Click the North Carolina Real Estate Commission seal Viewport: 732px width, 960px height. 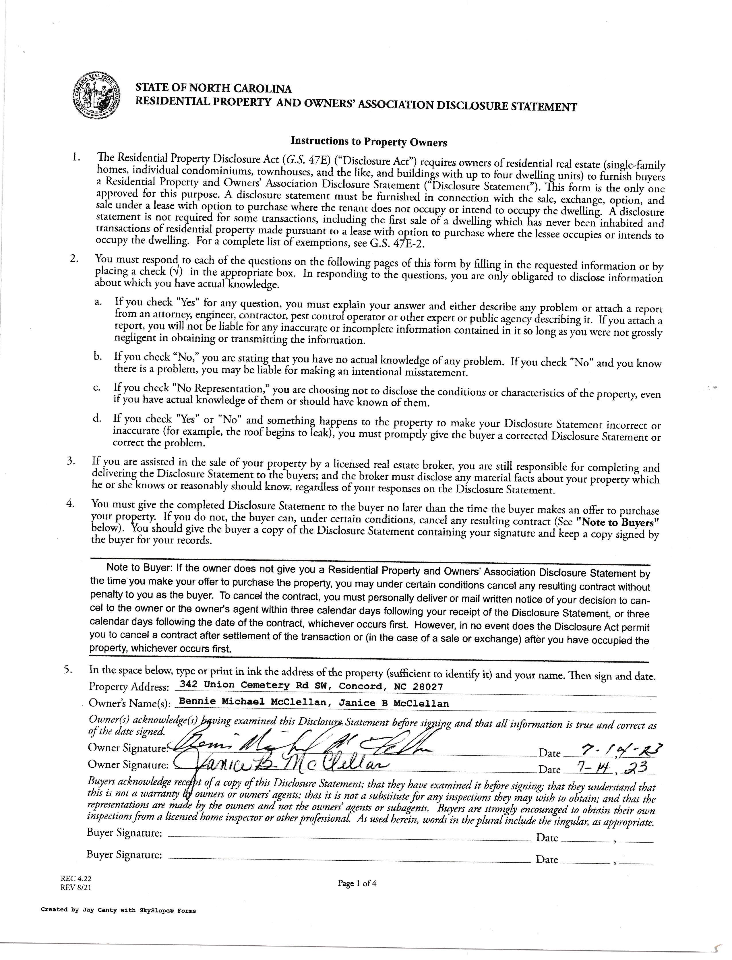pos(96,95)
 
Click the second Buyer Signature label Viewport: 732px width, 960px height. pos(124,855)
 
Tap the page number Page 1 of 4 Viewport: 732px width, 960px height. pos(357,883)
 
